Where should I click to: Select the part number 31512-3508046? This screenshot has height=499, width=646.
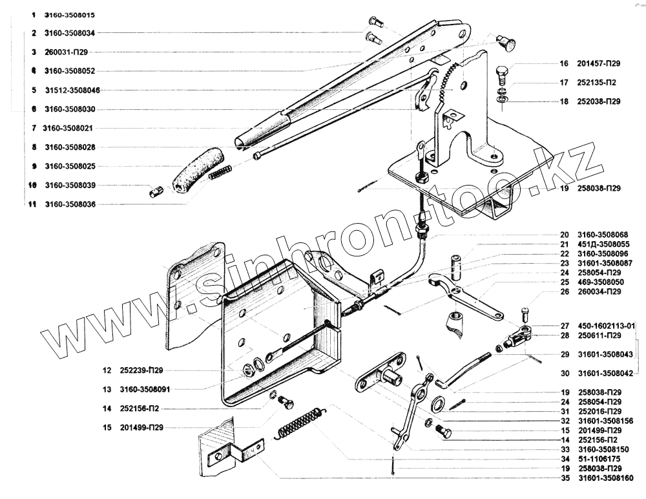(x=72, y=90)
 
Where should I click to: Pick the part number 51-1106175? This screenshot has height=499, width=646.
(x=598, y=458)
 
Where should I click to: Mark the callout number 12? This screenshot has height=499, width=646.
(x=105, y=371)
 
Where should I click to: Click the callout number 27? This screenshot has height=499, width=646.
(x=564, y=326)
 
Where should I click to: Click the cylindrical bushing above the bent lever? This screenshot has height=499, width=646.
(x=457, y=267)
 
